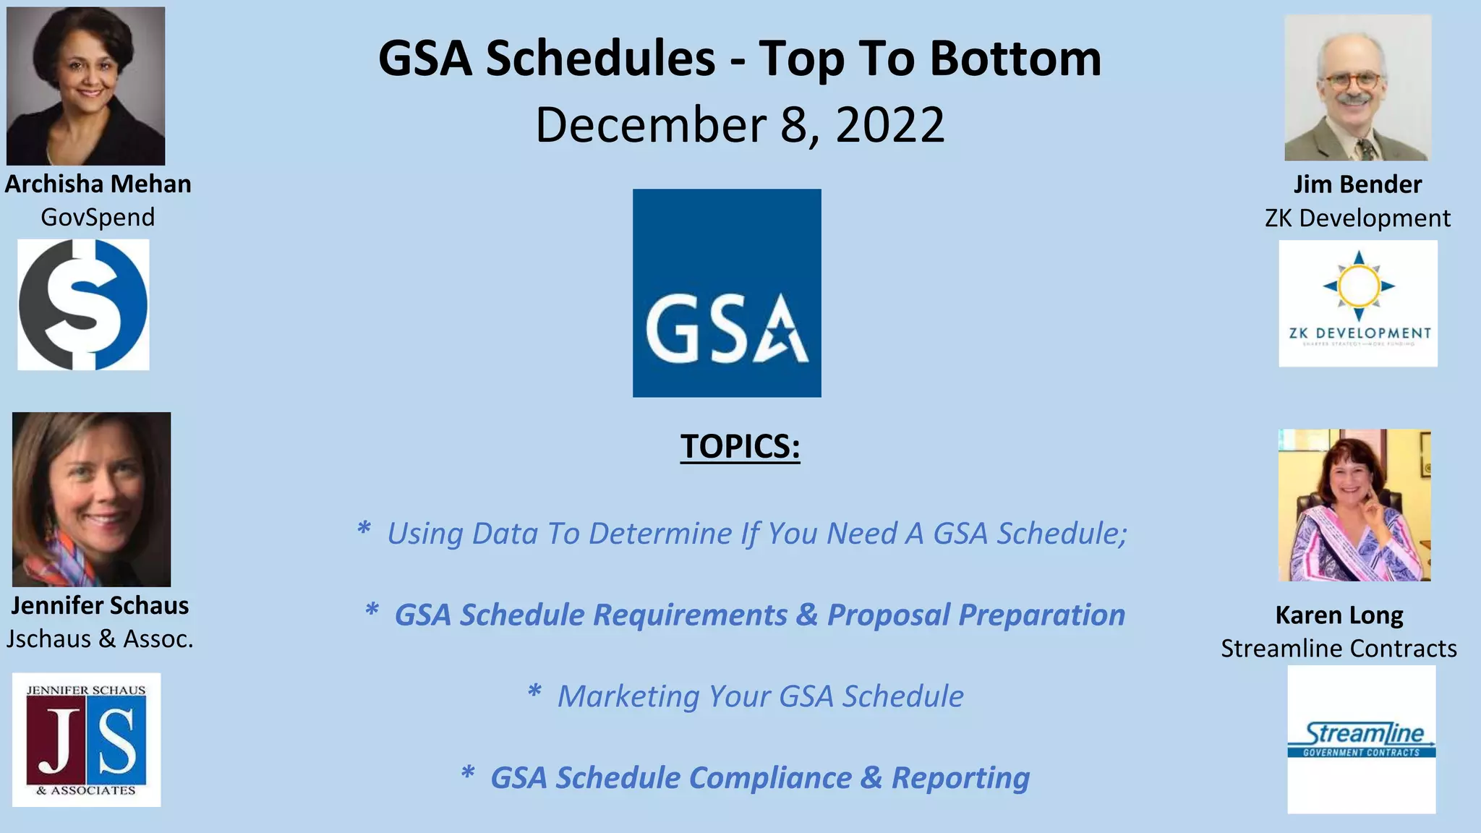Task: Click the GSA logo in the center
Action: click(727, 293)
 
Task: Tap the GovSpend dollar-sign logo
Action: click(83, 304)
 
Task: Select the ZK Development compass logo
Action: click(1358, 303)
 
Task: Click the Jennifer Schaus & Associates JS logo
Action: click(87, 740)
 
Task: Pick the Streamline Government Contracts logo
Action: click(1362, 740)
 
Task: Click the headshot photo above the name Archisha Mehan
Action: click(85, 86)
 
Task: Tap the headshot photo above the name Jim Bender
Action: click(1357, 87)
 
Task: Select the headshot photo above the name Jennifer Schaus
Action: click(92, 499)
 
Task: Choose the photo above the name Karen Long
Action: click(1354, 505)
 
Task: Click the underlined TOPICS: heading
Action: click(740, 446)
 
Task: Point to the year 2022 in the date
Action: click(889, 125)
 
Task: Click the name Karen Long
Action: click(1339, 615)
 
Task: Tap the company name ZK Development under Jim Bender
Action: click(1357, 218)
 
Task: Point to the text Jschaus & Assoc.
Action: click(100, 639)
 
